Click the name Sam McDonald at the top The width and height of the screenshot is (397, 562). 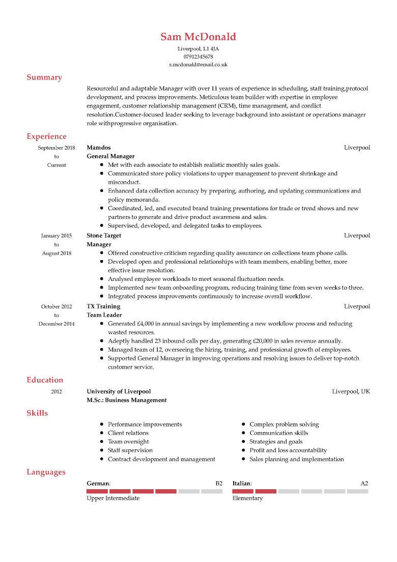coord(198,37)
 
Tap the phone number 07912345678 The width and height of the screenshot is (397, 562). coord(198,57)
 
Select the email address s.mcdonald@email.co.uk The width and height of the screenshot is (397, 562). coord(198,65)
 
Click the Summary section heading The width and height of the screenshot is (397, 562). coord(44,77)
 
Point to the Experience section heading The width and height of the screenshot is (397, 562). coord(46,136)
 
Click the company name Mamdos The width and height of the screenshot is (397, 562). coord(99,148)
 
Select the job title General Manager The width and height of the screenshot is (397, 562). coord(110,156)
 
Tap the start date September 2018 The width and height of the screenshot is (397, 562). coord(56,148)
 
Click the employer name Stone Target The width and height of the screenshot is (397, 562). coord(104,236)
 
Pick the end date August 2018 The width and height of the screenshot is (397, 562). coord(56,253)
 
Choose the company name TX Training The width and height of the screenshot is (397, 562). coord(103,306)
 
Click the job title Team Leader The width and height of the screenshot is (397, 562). coord(104,315)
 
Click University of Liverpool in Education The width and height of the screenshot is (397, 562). coord(119,391)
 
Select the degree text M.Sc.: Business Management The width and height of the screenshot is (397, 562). coord(127,400)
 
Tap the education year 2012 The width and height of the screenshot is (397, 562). coord(56,391)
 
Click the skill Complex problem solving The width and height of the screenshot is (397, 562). coord(284,424)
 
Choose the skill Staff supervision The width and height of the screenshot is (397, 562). coord(130,450)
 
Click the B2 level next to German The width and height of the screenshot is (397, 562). coord(219,483)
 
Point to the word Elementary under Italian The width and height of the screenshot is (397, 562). coord(247,498)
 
